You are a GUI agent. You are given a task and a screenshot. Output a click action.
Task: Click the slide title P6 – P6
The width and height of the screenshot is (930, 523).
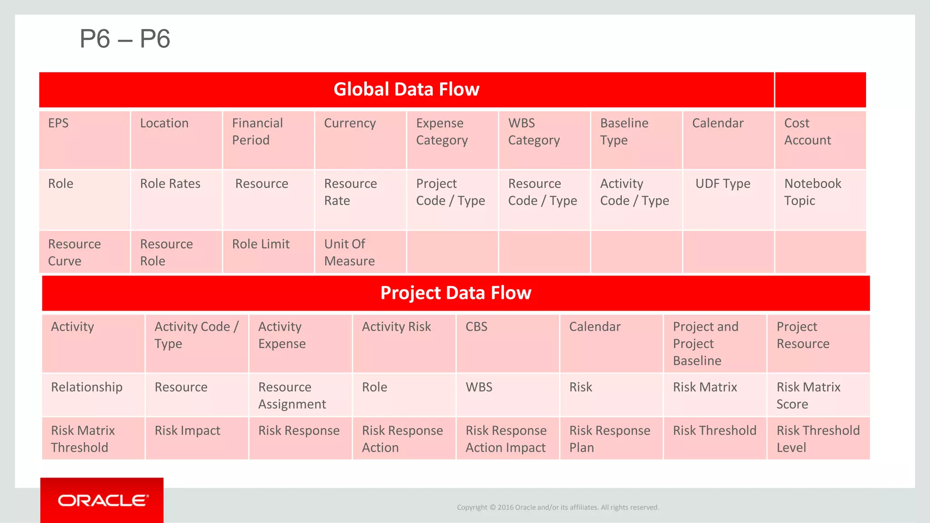click(x=125, y=39)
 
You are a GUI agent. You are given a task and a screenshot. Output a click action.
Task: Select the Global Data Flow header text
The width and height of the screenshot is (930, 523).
click(x=406, y=89)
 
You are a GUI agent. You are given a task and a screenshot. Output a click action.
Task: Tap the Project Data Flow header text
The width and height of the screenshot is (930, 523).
click(x=455, y=293)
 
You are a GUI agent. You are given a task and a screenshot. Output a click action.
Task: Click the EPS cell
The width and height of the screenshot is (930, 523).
click(x=84, y=140)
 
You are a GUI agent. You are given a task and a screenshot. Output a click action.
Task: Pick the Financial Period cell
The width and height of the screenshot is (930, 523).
click(x=268, y=140)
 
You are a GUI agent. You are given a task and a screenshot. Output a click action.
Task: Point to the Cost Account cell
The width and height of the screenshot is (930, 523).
click(x=820, y=140)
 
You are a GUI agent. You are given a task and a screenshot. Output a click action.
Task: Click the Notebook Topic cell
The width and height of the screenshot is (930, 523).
click(x=820, y=200)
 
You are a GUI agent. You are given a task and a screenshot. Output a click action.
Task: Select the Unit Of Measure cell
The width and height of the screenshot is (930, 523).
click(x=360, y=252)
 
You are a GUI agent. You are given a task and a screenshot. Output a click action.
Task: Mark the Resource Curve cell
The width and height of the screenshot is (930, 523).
click(x=84, y=252)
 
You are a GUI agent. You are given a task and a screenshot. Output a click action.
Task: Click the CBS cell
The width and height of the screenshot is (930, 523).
click(x=507, y=343)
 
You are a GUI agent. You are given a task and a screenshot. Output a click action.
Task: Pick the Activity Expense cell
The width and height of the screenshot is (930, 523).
click(x=300, y=343)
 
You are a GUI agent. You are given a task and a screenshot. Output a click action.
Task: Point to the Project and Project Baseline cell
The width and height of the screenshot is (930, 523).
click(x=714, y=343)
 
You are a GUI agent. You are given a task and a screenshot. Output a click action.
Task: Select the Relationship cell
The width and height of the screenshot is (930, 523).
click(x=93, y=394)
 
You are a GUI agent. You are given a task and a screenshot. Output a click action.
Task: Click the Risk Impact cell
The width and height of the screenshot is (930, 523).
click(x=196, y=438)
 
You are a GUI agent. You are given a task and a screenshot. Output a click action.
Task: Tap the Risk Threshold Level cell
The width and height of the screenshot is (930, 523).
click(x=818, y=439)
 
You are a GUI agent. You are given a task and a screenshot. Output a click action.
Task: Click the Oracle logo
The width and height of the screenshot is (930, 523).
click(x=103, y=500)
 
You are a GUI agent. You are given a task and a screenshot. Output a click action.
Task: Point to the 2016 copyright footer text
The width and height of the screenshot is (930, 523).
click(x=558, y=508)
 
